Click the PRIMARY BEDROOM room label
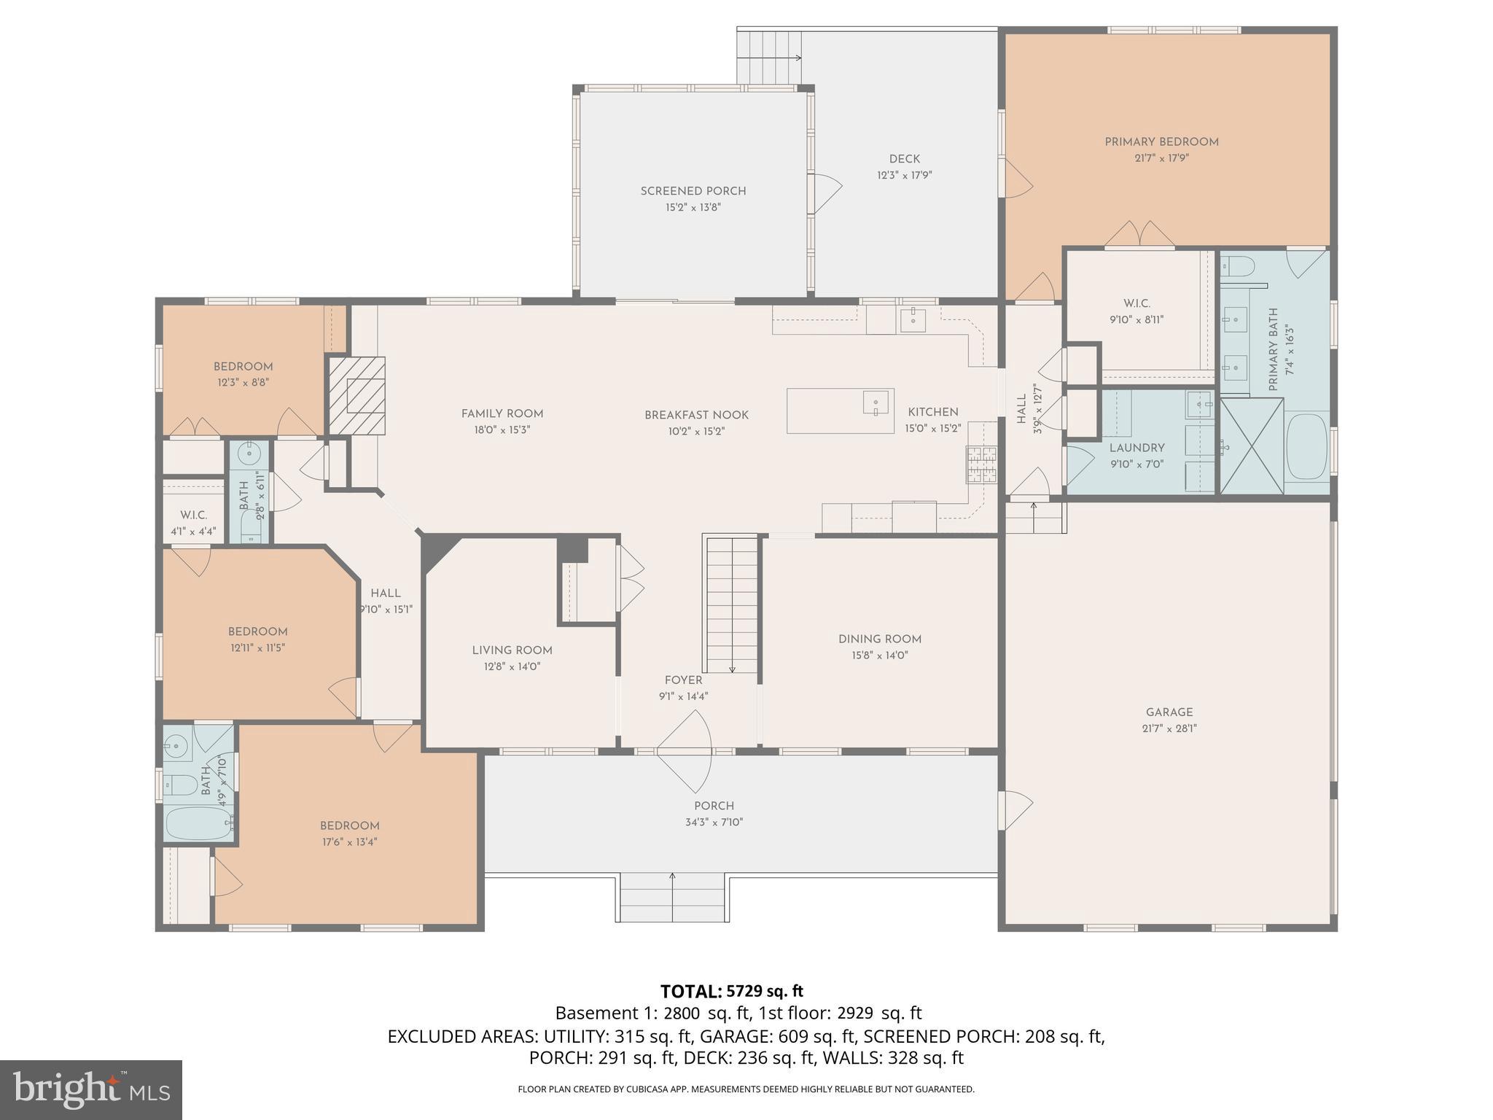[1161, 142]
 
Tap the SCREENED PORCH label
[693, 191]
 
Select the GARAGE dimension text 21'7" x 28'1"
[1169, 728]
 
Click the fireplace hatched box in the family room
[356, 396]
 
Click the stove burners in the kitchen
[981, 464]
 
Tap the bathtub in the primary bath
[1306, 446]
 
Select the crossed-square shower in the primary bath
[1252, 446]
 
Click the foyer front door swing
[685, 751]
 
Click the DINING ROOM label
[880, 639]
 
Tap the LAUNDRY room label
[1137, 448]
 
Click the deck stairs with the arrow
[769, 58]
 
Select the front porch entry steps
[672, 897]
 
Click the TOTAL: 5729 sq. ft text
[731, 991]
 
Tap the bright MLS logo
[90, 1089]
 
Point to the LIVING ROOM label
[512, 650]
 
